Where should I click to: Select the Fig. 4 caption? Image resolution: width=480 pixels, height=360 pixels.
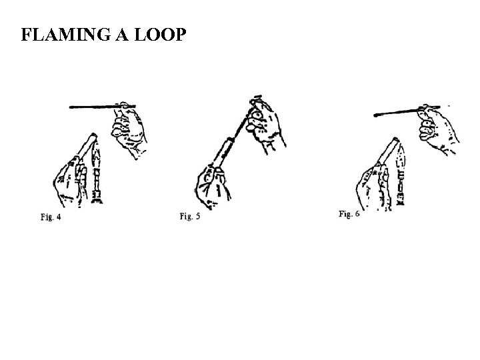click(x=50, y=217)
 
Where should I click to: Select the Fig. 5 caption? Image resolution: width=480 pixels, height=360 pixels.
click(x=190, y=217)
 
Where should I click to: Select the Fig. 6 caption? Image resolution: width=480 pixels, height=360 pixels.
click(x=349, y=214)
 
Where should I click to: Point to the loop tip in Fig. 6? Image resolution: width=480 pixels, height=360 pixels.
click(x=377, y=115)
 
